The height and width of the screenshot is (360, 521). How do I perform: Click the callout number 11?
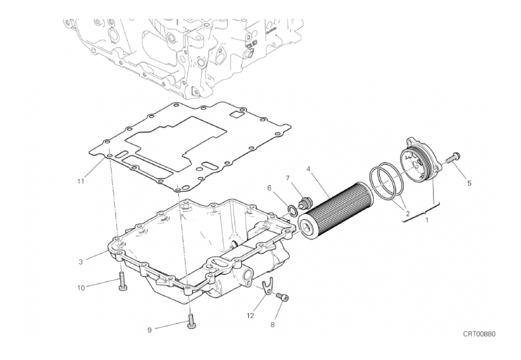point(81,181)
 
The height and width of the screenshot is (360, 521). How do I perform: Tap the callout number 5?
point(469,183)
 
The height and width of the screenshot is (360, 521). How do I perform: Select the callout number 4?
point(309,169)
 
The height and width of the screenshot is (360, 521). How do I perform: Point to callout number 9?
point(149,330)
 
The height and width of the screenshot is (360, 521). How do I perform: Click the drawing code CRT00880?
point(479,334)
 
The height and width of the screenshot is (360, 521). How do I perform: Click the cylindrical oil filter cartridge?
point(335,211)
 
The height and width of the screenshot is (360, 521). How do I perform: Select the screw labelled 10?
point(122,281)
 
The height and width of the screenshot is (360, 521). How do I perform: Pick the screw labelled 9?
point(191,322)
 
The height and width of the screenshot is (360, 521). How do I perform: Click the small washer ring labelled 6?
point(292,211)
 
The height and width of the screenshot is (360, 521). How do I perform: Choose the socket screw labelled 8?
point(282,297)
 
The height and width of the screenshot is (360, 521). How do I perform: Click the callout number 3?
point(81,262)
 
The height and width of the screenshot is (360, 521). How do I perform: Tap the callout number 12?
point(250,316)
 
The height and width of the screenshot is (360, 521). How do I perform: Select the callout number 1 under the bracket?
point(427,220)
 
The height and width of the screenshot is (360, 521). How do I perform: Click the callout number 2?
point(407,213)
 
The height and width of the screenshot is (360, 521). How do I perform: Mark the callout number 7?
point(288,178)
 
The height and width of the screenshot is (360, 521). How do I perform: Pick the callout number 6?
point(269,188)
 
